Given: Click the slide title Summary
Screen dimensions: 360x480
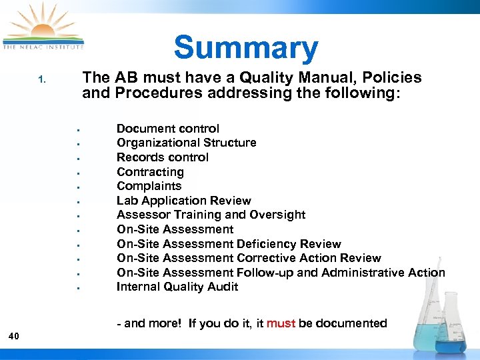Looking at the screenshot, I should click(x=246, y=48).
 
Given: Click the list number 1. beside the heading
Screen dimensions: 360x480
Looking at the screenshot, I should click(x=41, y=80).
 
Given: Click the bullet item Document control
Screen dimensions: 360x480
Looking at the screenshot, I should click(x=167, y=129).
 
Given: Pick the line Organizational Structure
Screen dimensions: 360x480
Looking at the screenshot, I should click(x=186, y=143).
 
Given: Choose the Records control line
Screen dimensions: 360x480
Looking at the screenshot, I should click(x=162, y=157).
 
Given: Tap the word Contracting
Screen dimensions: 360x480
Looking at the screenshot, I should click(x=150, y=172).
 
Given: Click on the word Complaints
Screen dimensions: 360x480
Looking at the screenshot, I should click(x=149, y=186).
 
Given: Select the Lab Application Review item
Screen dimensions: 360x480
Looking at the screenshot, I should click(x=183, y=201).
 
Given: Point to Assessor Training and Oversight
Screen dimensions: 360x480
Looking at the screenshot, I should click(x=211, y=215).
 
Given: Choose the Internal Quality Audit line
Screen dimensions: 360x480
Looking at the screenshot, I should click(x=177, y=287).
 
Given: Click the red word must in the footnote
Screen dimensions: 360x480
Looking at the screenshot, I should click(x=281, y=323).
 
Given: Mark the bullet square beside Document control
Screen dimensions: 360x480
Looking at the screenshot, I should click(x=78, y=129).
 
